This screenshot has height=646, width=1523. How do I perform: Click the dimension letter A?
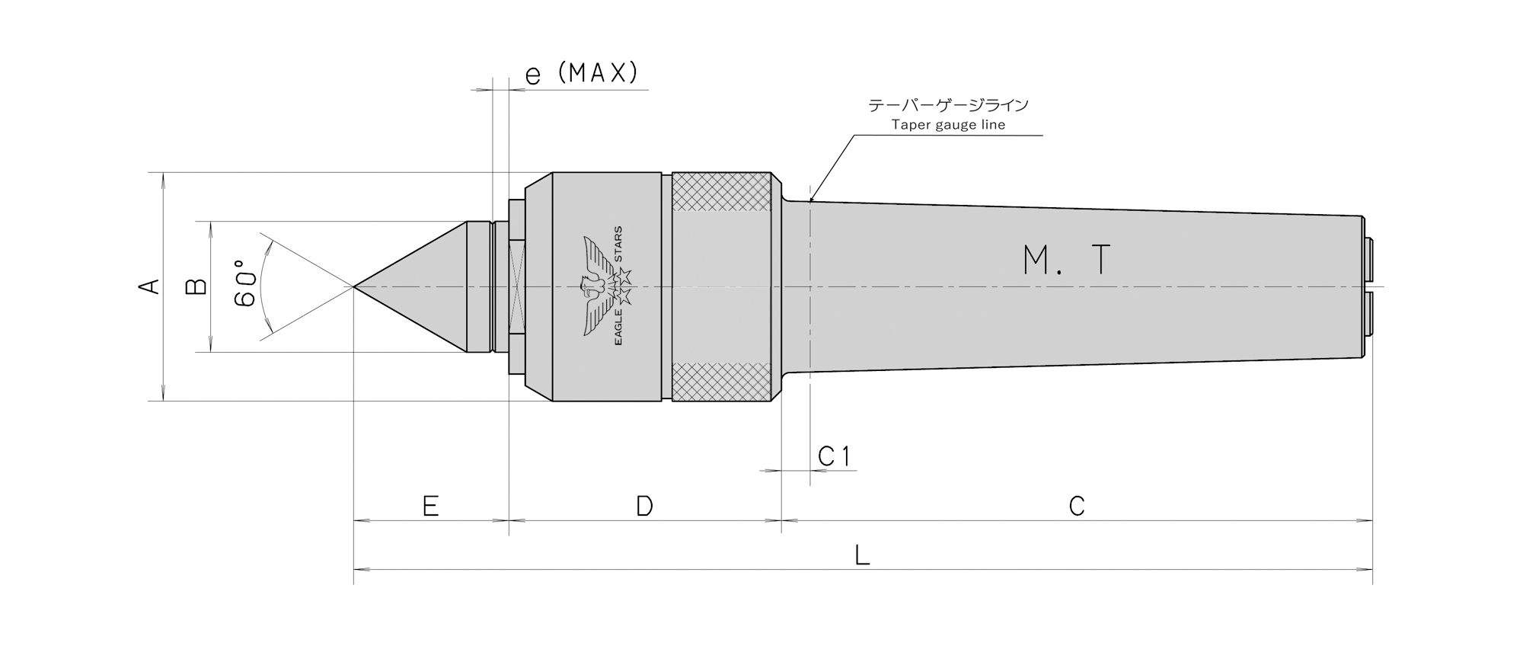[x=150, y=286]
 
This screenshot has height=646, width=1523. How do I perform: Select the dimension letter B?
[x=196, y=286]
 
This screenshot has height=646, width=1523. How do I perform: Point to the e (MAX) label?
[x=581, y=73]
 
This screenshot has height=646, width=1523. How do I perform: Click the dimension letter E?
[x=430, y=506]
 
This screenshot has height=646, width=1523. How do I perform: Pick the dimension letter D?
[x=644, y=506]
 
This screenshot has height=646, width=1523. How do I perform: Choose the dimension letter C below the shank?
[x=1076, y=506]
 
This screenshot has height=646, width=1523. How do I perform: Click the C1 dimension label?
[x=834, y=456]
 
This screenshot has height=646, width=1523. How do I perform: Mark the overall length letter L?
[x=862, y=555]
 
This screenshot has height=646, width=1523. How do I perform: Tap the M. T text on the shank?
[x=1067, y=261]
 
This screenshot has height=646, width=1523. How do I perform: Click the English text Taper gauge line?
[x=948, y=125]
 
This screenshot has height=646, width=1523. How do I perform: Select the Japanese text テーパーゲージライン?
[x=948, y=105]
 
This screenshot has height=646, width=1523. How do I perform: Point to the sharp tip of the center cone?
[x=354, y=286]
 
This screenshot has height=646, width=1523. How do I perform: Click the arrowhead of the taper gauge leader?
[x=812, y=197]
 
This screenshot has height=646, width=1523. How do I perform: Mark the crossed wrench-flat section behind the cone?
[x=517, y=286]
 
